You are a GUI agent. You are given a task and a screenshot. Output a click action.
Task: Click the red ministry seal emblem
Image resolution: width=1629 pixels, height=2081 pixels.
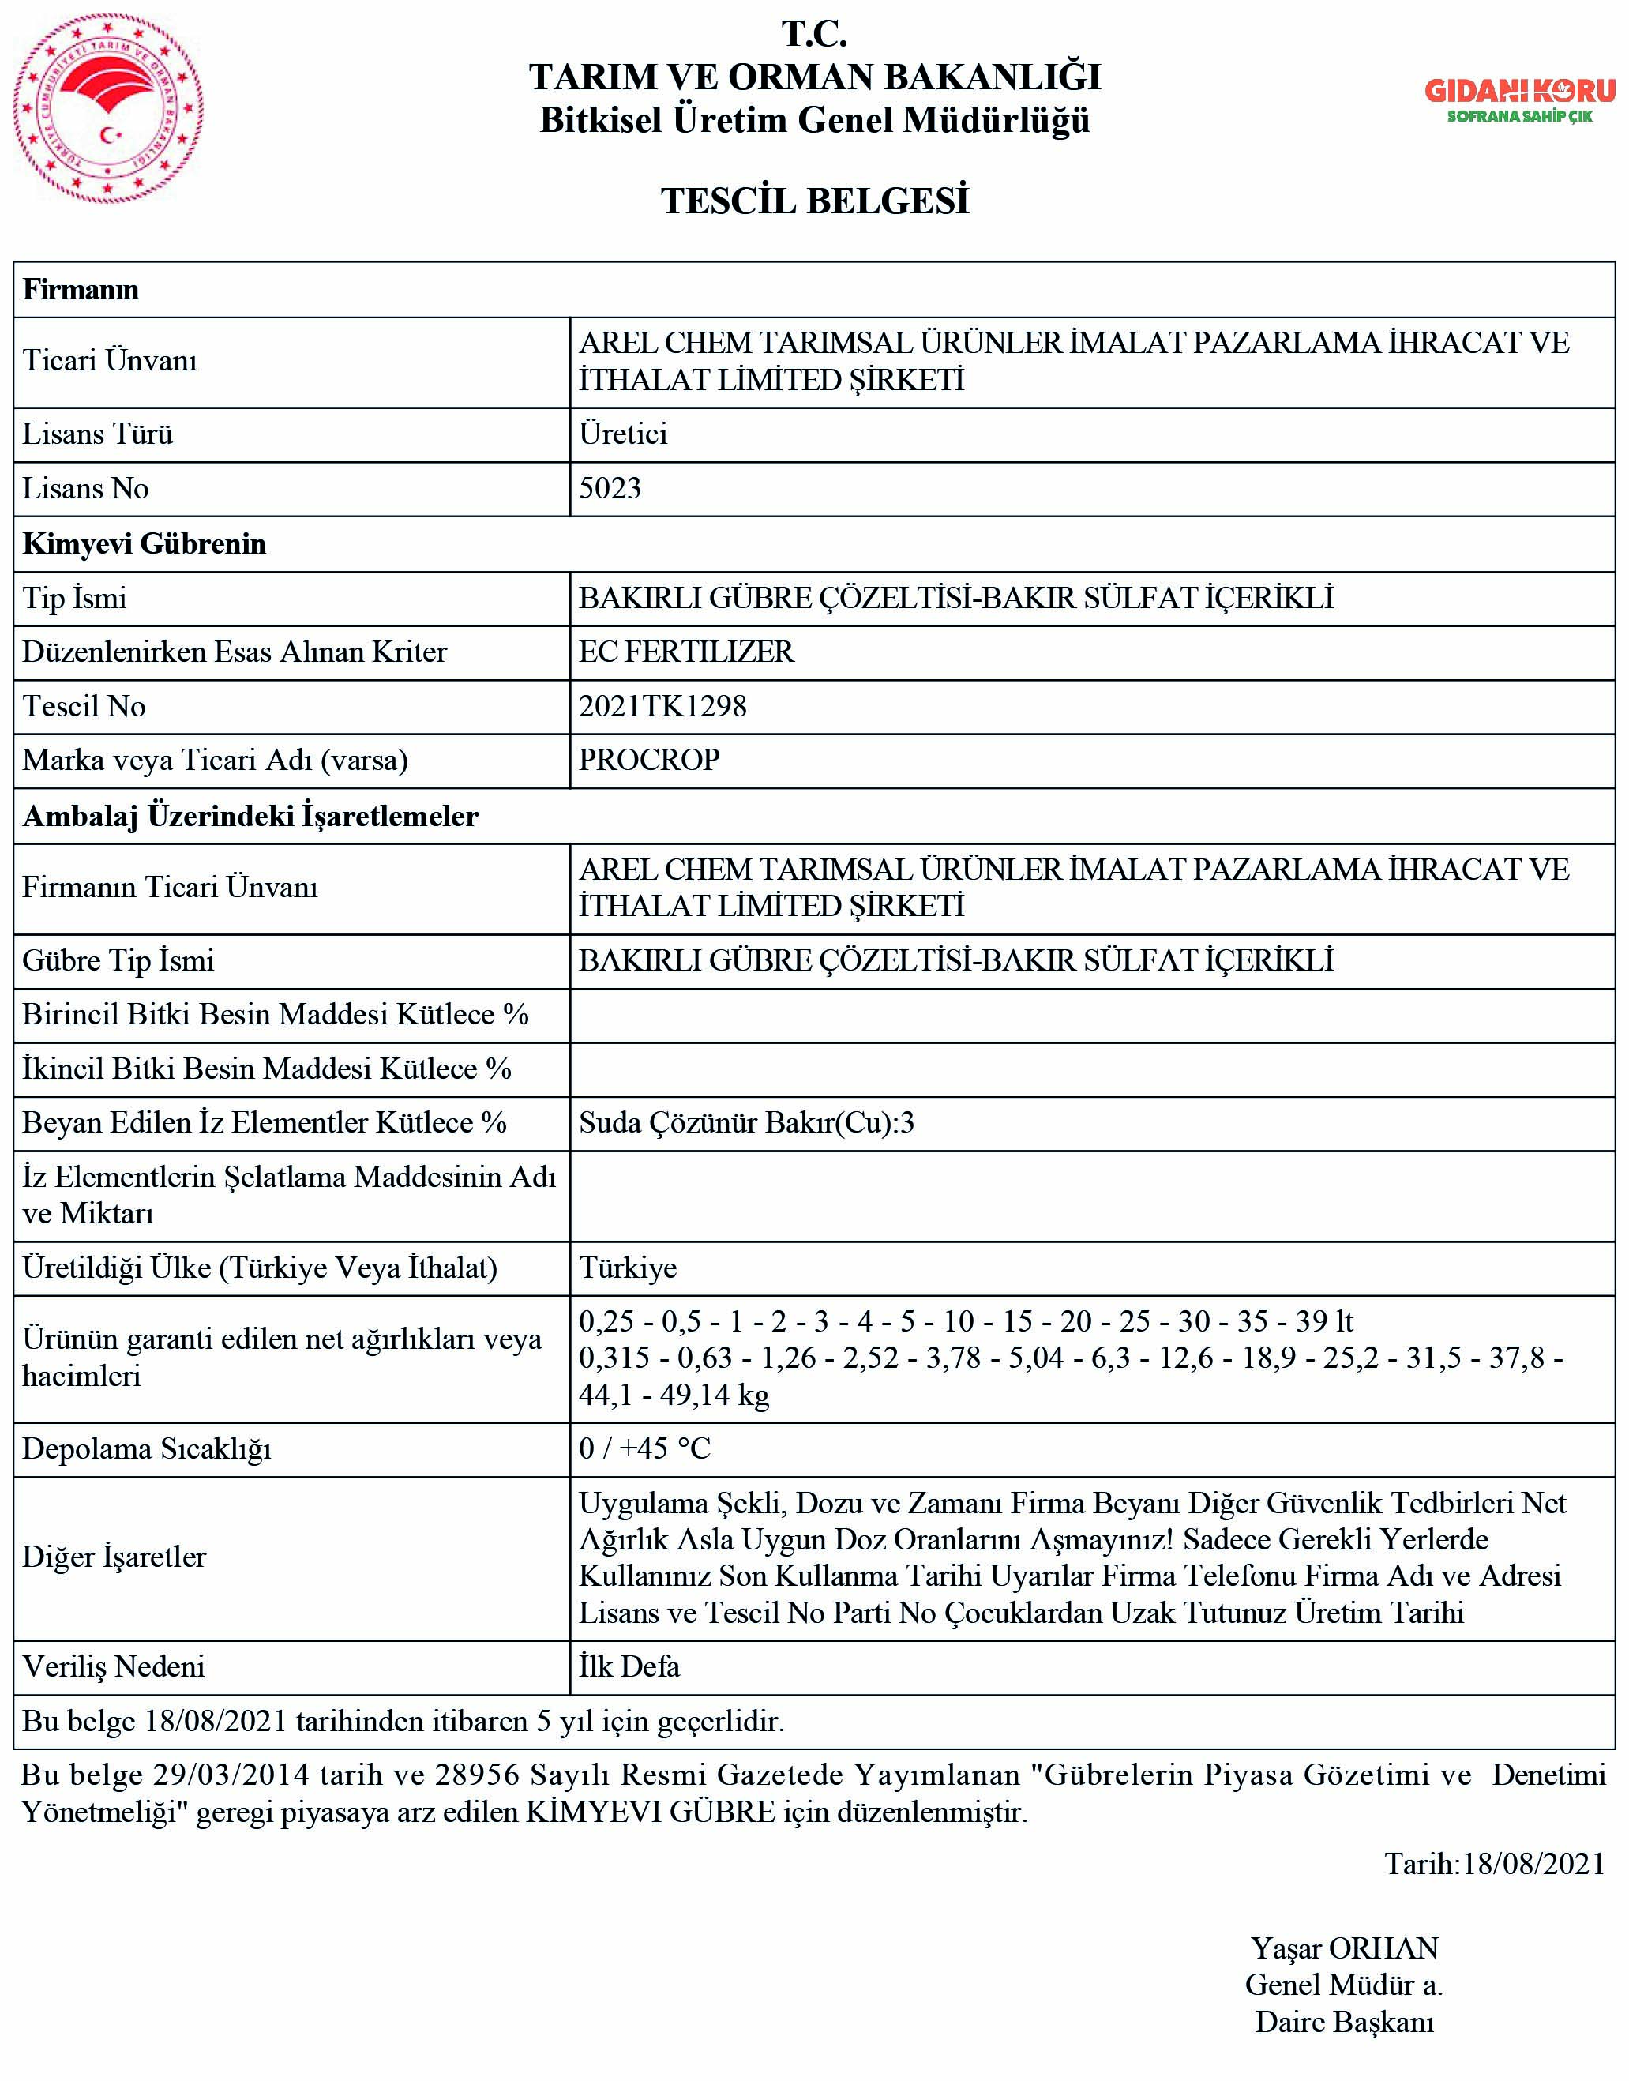[x=107, y=109]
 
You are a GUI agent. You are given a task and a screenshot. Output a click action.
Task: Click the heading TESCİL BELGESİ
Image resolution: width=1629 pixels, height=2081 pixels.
[x=815, y=201]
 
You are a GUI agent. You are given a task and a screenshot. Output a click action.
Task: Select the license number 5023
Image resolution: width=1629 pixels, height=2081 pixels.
[x=610, y=488]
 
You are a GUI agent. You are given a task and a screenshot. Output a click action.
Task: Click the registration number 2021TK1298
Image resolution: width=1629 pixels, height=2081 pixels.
[x=662, y=706]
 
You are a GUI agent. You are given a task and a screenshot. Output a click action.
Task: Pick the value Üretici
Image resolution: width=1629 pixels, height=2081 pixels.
[x=623, y=434]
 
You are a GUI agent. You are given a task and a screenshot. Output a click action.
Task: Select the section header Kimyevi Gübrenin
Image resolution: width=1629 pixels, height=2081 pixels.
[x=144, y=543]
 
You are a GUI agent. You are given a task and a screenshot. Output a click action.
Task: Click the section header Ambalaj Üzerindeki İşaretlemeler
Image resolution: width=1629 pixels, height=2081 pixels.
[x=250, y=816]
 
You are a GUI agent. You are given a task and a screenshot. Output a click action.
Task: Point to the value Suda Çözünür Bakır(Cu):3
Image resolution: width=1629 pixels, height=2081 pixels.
[x=746, y=1122]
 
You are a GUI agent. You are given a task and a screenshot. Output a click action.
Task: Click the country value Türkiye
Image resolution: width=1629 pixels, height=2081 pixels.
[x=628, y=1268]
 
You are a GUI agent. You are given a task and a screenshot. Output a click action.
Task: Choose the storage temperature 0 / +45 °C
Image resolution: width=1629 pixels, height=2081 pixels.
[x=645, y=1448]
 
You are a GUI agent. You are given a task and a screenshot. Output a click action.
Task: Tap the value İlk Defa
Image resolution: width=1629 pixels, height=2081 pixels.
[x=629, y=1666]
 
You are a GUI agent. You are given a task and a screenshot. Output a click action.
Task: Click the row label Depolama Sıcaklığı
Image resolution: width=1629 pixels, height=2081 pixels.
[x=147, y=1448]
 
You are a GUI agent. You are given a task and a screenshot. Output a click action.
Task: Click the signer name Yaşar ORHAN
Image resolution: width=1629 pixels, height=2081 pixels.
[x=1345, y=1948]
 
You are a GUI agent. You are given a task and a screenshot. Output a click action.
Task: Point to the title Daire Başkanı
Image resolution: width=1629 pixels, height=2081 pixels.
[x=1345, y=2022]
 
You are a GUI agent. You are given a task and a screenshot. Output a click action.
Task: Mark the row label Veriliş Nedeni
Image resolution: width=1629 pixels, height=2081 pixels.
[x=114, y=1666]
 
